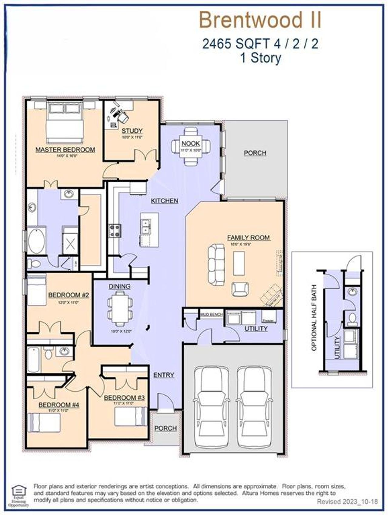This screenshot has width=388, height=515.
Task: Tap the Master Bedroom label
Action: (65, 150)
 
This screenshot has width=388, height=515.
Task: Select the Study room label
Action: (132, 131)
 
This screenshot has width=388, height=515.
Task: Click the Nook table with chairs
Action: (191, 146)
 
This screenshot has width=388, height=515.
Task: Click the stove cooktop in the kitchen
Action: (115, 231)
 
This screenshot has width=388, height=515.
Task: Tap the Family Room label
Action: (248, 238)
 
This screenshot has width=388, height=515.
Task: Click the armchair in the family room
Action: (240, 289)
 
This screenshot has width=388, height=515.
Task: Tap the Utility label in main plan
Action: (256, 328)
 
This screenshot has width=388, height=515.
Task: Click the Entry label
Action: (163, 375)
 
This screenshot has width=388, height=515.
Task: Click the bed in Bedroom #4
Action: (44, 422)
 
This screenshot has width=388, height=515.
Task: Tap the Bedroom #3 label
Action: (124, 398)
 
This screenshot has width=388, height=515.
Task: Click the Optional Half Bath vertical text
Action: (314, 318)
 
